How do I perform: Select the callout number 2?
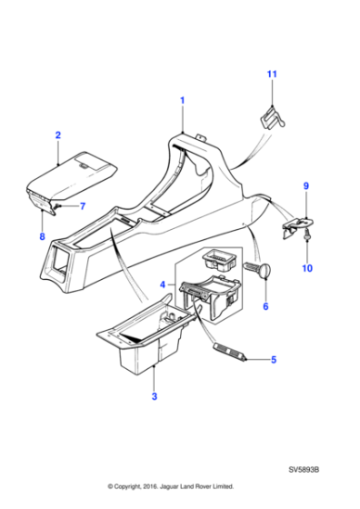tap(58, 135)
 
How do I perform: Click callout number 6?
tap(265, 307)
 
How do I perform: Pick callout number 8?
tap(40, 237)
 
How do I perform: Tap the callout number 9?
tap(305, 186)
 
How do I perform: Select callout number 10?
tap(306, 268)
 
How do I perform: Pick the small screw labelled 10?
tap(306, 239)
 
